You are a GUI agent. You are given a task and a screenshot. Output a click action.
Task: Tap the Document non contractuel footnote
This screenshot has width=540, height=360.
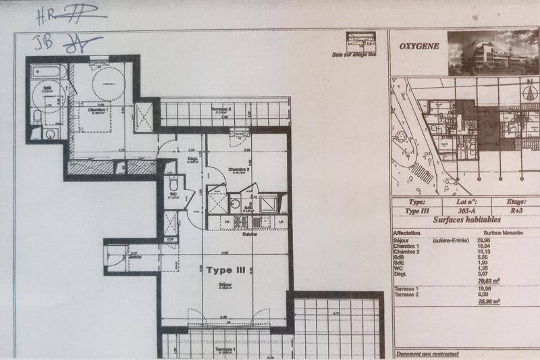(x=427, y=353)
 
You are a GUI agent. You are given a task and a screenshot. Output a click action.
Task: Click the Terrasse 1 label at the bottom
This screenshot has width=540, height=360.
(x=220, y=351)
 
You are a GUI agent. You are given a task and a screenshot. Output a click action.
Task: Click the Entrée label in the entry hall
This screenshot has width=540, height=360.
(x=135, y=257)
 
